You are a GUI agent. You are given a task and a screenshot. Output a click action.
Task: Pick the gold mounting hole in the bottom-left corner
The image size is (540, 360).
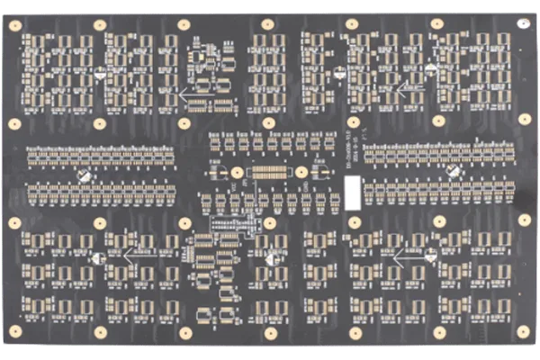(14, 332)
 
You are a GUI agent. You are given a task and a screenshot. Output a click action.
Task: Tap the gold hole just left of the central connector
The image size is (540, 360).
(237, 171)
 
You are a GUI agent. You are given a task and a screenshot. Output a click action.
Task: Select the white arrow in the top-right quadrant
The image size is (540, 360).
(410, 88)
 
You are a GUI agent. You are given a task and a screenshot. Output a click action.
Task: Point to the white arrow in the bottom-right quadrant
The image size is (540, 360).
(410, 255)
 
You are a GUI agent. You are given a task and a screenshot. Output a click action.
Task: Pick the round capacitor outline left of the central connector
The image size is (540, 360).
(218, 170)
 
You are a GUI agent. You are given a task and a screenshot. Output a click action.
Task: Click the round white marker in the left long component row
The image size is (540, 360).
(84, 177)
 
